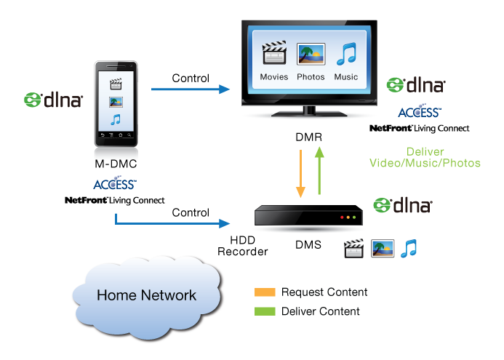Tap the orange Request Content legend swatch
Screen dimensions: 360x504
[x=265, y=292]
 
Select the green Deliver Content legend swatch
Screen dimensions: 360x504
[x=265, y=311]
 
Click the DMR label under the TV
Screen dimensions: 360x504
[x=308, y=137]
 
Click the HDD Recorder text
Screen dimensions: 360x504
[x=244, y=246]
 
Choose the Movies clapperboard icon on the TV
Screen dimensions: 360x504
[x=273, y=55]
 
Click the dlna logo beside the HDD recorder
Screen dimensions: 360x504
[x=402, y=205]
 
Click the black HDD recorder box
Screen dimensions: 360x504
[x=308, y=216]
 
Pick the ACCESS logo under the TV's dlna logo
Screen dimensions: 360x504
[x=419, y=112]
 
